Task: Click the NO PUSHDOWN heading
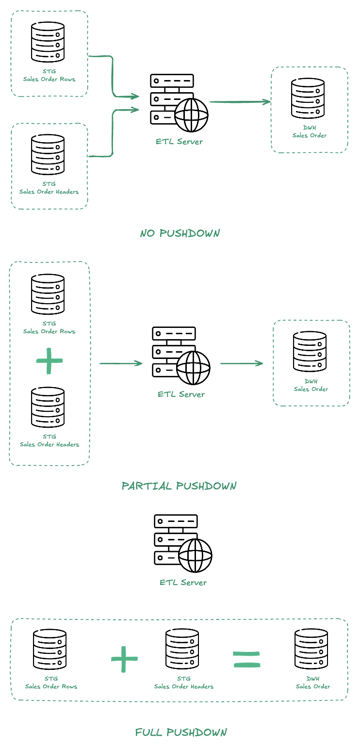pyautogui.click(x=180, y=233)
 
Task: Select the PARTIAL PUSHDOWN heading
pyautogui.click(x=179, y=486)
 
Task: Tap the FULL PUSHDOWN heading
pyautogui.click(x=181, y=732)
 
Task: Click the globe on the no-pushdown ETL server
pyautogui.click(x=191, y=115)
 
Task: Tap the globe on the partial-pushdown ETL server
pyautogui.click(x=193, y=368)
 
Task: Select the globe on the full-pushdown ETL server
pyautogui.click(x=195, y=555)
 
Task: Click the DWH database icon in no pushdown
pyautogui.click(x=308, y=98)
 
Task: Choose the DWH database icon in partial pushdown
pyautogui.click(x=310, y=352)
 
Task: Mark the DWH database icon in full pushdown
pyautogui.click(x=311, y=649)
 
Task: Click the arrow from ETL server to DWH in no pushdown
pyautogui.click(x=240, y=102)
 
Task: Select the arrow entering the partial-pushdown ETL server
pyautogui.click(x=121, y=363)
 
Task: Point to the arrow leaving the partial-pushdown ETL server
pyautogui.click(x=242, y=363)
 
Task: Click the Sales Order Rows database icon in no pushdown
pyautogui.click(x=48, y=42)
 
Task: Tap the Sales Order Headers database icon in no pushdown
pyautogui.click(x=48, y=155)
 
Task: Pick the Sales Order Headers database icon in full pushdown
pyautogui.click(x=182, y=649)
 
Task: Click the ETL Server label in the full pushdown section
pyautogui.click(x=183, y=583)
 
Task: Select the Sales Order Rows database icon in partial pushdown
pyautogui.click(x=48, y=294)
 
